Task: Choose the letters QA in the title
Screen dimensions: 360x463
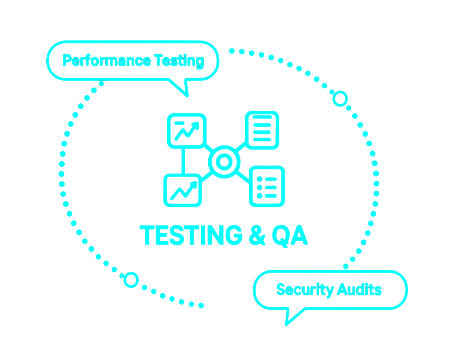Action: click(290, 235)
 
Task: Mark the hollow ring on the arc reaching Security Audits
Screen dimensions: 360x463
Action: click(340, 98)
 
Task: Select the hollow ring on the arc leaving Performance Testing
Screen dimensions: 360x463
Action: click(131, 280)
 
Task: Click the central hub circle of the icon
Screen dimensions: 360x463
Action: click(224, 162)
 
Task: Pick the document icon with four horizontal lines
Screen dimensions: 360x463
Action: click(262, 130)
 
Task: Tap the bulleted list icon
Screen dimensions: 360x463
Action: click(267, 186)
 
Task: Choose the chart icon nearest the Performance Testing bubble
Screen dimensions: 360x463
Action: click(186, 130)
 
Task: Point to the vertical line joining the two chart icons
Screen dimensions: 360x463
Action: click(183, 160)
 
